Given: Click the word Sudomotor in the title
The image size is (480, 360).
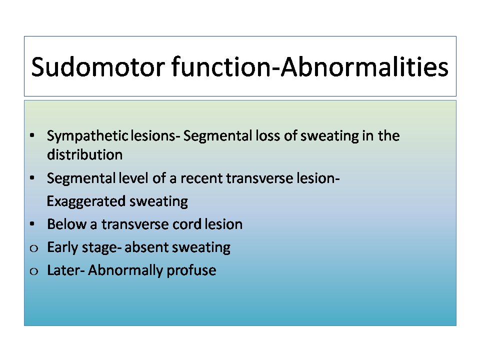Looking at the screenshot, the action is [98, 66].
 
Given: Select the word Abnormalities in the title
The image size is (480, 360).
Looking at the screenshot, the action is [364, 66].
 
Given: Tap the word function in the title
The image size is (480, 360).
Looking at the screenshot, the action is [221, 66].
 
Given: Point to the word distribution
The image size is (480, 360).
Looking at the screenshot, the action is [85, 154].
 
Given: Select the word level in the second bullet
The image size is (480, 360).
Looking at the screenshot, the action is [133, 178].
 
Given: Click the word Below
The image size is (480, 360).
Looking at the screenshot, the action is [66, 224].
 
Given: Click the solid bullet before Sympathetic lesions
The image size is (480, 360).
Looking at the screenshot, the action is [32, 135].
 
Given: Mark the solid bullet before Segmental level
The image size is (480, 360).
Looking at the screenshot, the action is [32, 178].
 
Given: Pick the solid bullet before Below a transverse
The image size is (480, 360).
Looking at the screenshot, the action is [32, 224].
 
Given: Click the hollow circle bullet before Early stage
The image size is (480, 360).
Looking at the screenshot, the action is [33, 248].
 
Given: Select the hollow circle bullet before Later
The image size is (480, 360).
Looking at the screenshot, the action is [33, 271].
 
